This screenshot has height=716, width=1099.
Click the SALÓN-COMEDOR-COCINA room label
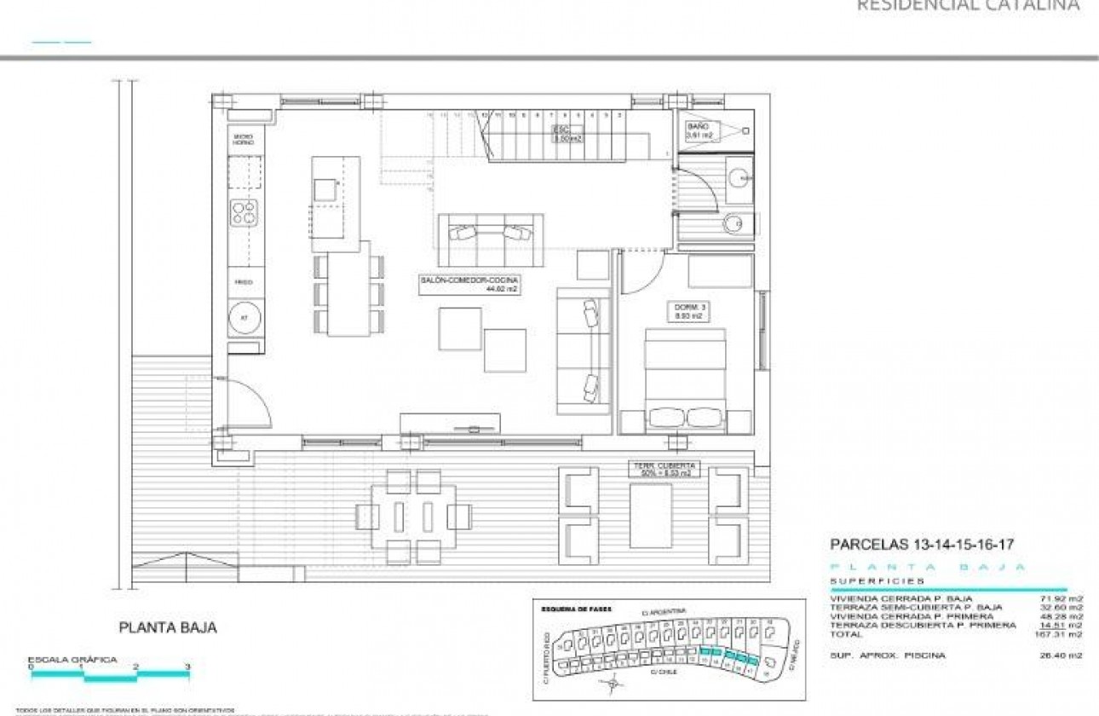click(x=469, y=285)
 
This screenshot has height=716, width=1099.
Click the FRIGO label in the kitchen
click(x=244, y=281)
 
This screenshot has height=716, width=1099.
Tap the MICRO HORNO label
click(x=244, y=139)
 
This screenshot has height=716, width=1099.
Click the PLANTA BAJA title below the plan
click(x=168, y=627)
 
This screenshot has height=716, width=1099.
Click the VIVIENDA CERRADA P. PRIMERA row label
click(x=912, y=616)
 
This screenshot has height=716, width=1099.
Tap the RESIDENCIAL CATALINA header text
click(x=968, y=6)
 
